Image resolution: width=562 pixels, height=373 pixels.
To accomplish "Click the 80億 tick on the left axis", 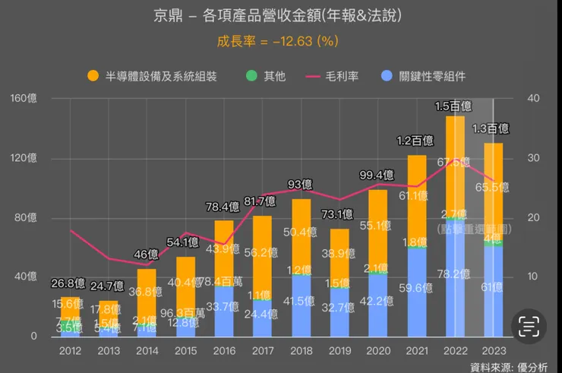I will [x=26, y=218].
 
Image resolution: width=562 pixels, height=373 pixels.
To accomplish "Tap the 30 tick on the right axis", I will [x=534, y=158].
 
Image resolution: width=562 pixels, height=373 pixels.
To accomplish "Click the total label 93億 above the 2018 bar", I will [x=301, y=184].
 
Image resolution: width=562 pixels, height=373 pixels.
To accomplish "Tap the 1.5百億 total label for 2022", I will [x=454, y=105].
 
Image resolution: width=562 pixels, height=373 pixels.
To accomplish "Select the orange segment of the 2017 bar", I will [x=262, y=254].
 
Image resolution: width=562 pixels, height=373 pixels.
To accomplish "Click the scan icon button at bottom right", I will [x=528, y=327].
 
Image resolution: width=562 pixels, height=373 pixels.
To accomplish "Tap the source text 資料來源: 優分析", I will [x=513, y=367].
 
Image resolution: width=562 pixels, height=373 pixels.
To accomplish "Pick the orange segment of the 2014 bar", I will [x=147, y=292].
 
